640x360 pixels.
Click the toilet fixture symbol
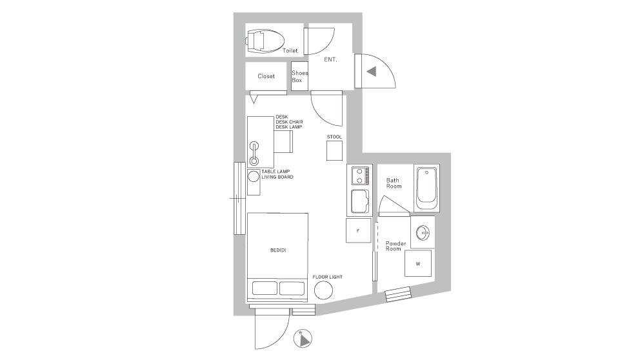point(265,41)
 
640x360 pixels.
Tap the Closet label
point(266,76)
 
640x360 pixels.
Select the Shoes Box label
point(299,77)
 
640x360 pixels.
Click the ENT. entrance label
point(330,59)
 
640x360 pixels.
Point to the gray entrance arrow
point(372,72)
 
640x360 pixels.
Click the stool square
point(334,150)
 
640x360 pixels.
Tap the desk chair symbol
point(283,143)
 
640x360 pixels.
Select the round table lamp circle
point(254,176)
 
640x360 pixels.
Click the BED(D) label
point(278,250)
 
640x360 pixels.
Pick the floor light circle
point(324,291)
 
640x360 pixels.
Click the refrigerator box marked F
point(358,230)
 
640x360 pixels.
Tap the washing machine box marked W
point(418,264)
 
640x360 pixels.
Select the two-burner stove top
point(360,175)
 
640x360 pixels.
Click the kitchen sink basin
point(359,202)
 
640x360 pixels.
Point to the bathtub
point(426,188)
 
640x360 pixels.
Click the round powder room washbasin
point(423,233)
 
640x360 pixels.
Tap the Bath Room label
point(394,183)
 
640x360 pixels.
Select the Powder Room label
point(395,246)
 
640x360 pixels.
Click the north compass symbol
point(303,338)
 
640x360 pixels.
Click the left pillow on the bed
point(265,288)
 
